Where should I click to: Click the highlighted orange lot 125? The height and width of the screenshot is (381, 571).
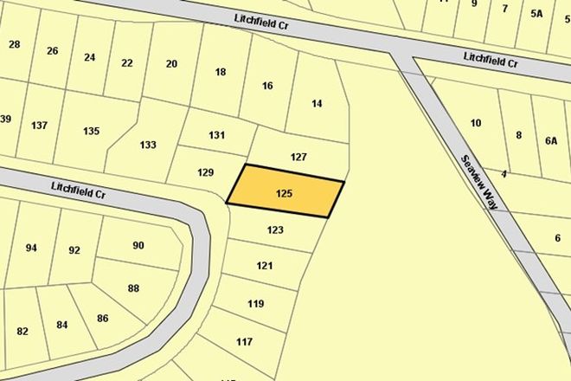285,192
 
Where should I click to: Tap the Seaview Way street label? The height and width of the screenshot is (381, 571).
484,183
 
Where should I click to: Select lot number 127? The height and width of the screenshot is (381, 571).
298,158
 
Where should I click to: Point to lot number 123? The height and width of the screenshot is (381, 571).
275,230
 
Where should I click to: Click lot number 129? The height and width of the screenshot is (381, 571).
205,172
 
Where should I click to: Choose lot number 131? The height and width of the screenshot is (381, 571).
216,136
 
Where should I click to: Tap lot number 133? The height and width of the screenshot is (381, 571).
148,145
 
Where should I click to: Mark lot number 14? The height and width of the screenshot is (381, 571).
317,104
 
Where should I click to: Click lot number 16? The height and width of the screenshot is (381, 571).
267,86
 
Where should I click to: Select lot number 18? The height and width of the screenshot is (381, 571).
220,72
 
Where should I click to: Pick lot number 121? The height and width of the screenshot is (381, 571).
265,266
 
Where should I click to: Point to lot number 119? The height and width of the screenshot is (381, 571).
255,303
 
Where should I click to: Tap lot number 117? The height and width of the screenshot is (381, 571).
244,342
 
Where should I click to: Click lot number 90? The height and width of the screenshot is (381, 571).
138,245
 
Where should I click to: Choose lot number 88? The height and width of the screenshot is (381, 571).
133,288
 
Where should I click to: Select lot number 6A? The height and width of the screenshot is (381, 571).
551,140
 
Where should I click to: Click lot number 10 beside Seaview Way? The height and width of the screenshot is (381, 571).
475,123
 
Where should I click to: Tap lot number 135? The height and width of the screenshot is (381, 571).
91,132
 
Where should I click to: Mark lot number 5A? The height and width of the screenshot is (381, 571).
536,13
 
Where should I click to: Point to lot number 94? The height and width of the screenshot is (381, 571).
31,249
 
